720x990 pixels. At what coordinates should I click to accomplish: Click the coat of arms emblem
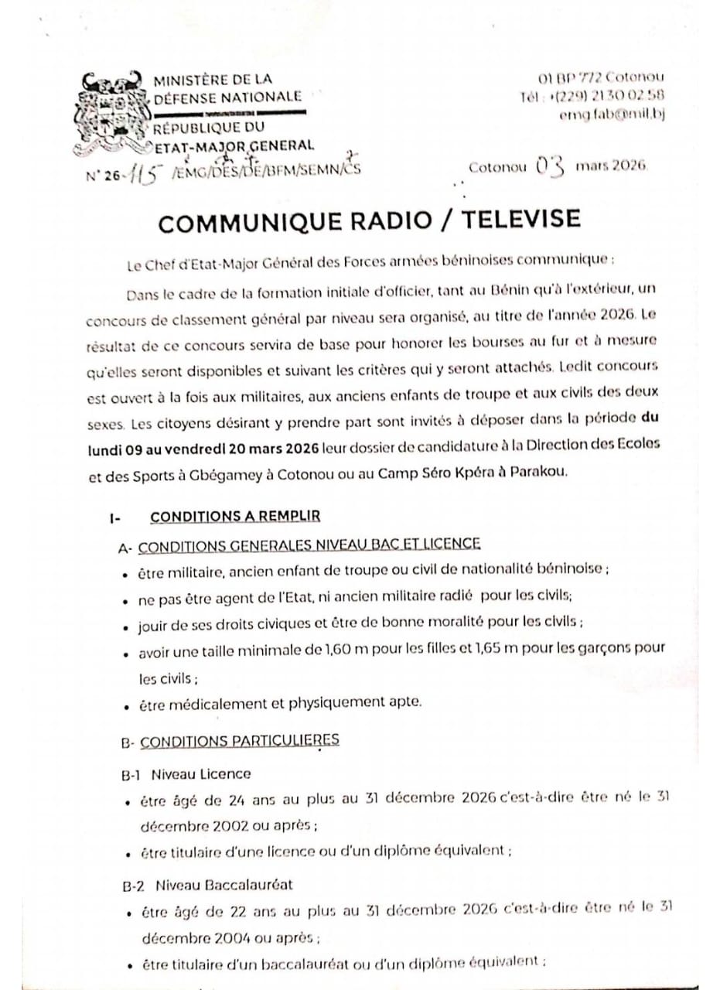tap(111, 112)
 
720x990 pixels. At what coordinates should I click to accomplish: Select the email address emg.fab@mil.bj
tap(612, 114)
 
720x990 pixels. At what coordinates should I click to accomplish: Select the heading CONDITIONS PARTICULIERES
tap(239, 740)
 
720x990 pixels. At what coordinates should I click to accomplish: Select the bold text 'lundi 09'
tap(117, 448)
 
